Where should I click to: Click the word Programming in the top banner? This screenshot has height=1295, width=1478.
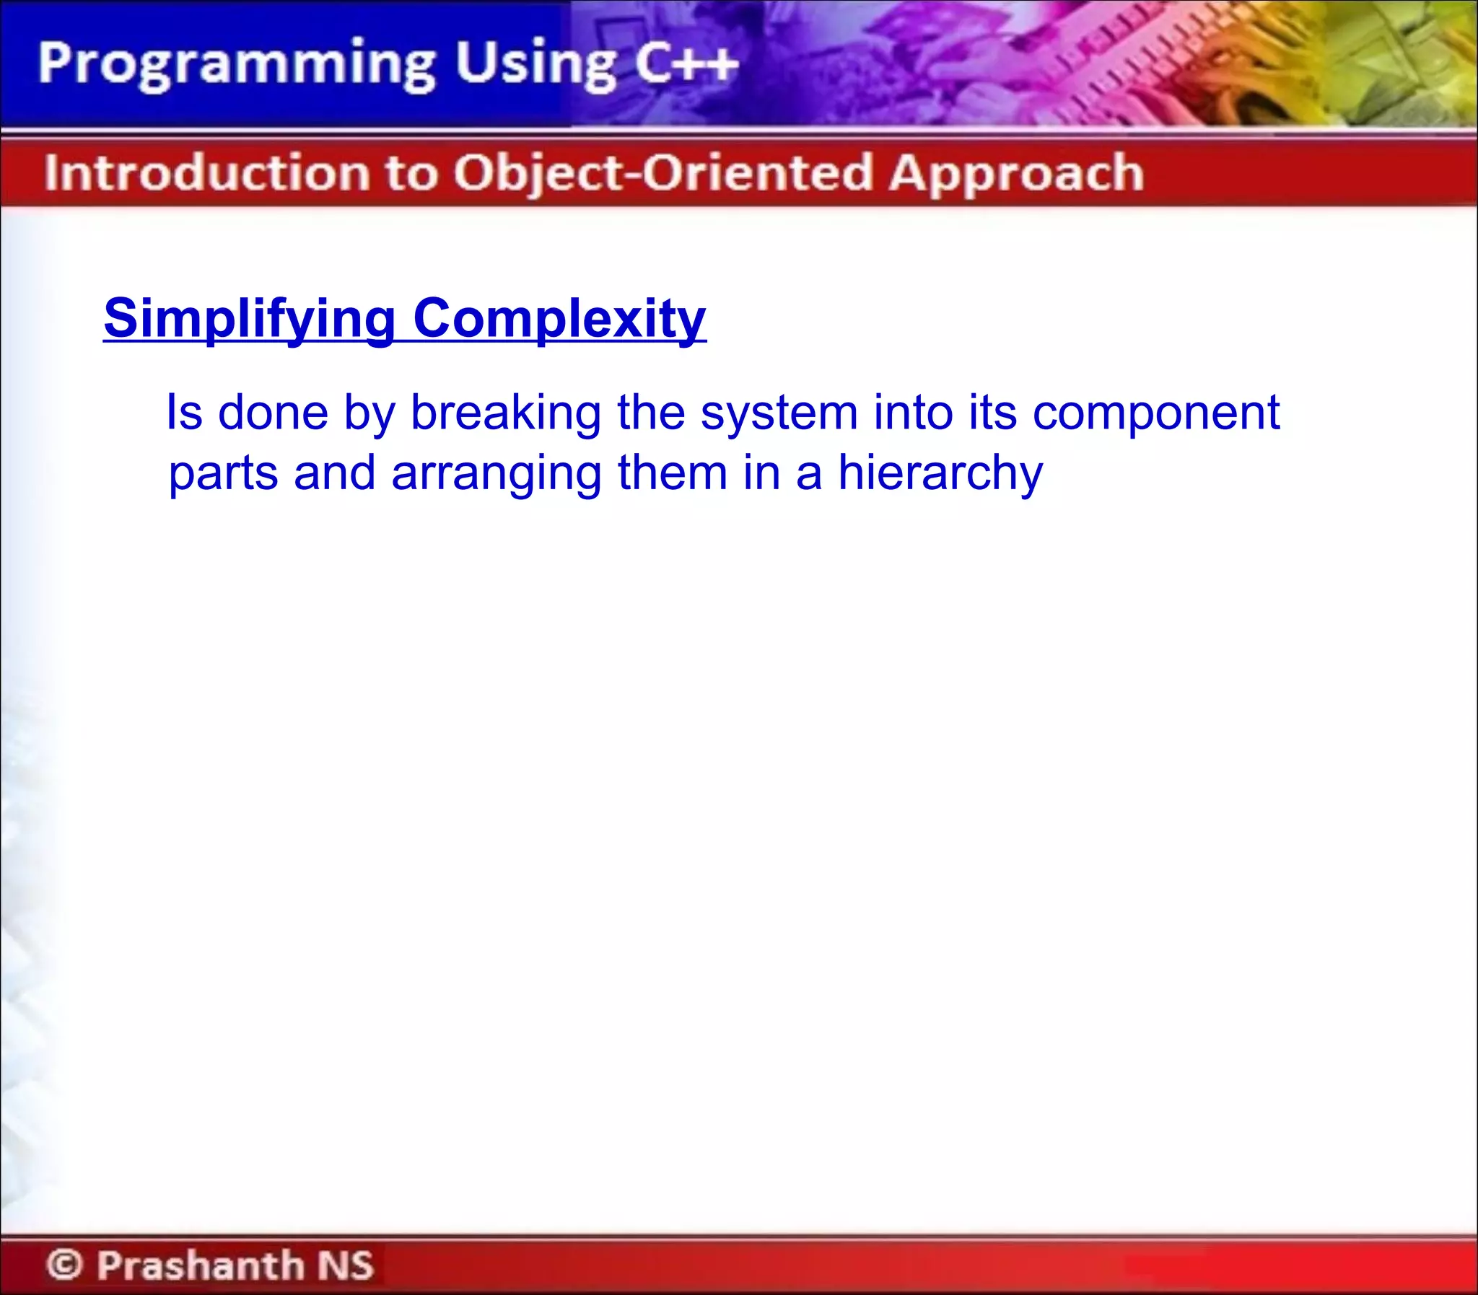click(x=236, y=65)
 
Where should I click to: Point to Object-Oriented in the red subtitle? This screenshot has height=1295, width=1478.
click(x=663, y=173)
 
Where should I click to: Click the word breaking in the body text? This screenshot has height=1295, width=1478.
click(x=505, y=413)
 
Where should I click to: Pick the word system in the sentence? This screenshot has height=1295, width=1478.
click(x=779, y=413)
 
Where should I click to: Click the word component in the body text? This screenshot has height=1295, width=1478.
click(x=1155, y=414)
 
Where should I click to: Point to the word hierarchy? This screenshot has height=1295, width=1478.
click(x=940, y=474)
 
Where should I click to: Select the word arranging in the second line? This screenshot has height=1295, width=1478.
click(x=497, y=474)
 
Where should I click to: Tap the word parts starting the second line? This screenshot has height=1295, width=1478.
click(x=222, y=474)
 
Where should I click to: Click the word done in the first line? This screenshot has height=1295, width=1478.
click(x=273, y=413)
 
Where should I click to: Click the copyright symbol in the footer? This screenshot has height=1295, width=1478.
click(x=64, y=1265)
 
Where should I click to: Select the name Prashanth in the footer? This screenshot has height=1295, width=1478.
click(x=201, y=1265)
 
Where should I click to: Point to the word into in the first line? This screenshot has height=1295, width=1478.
click(x=913, y=413)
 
